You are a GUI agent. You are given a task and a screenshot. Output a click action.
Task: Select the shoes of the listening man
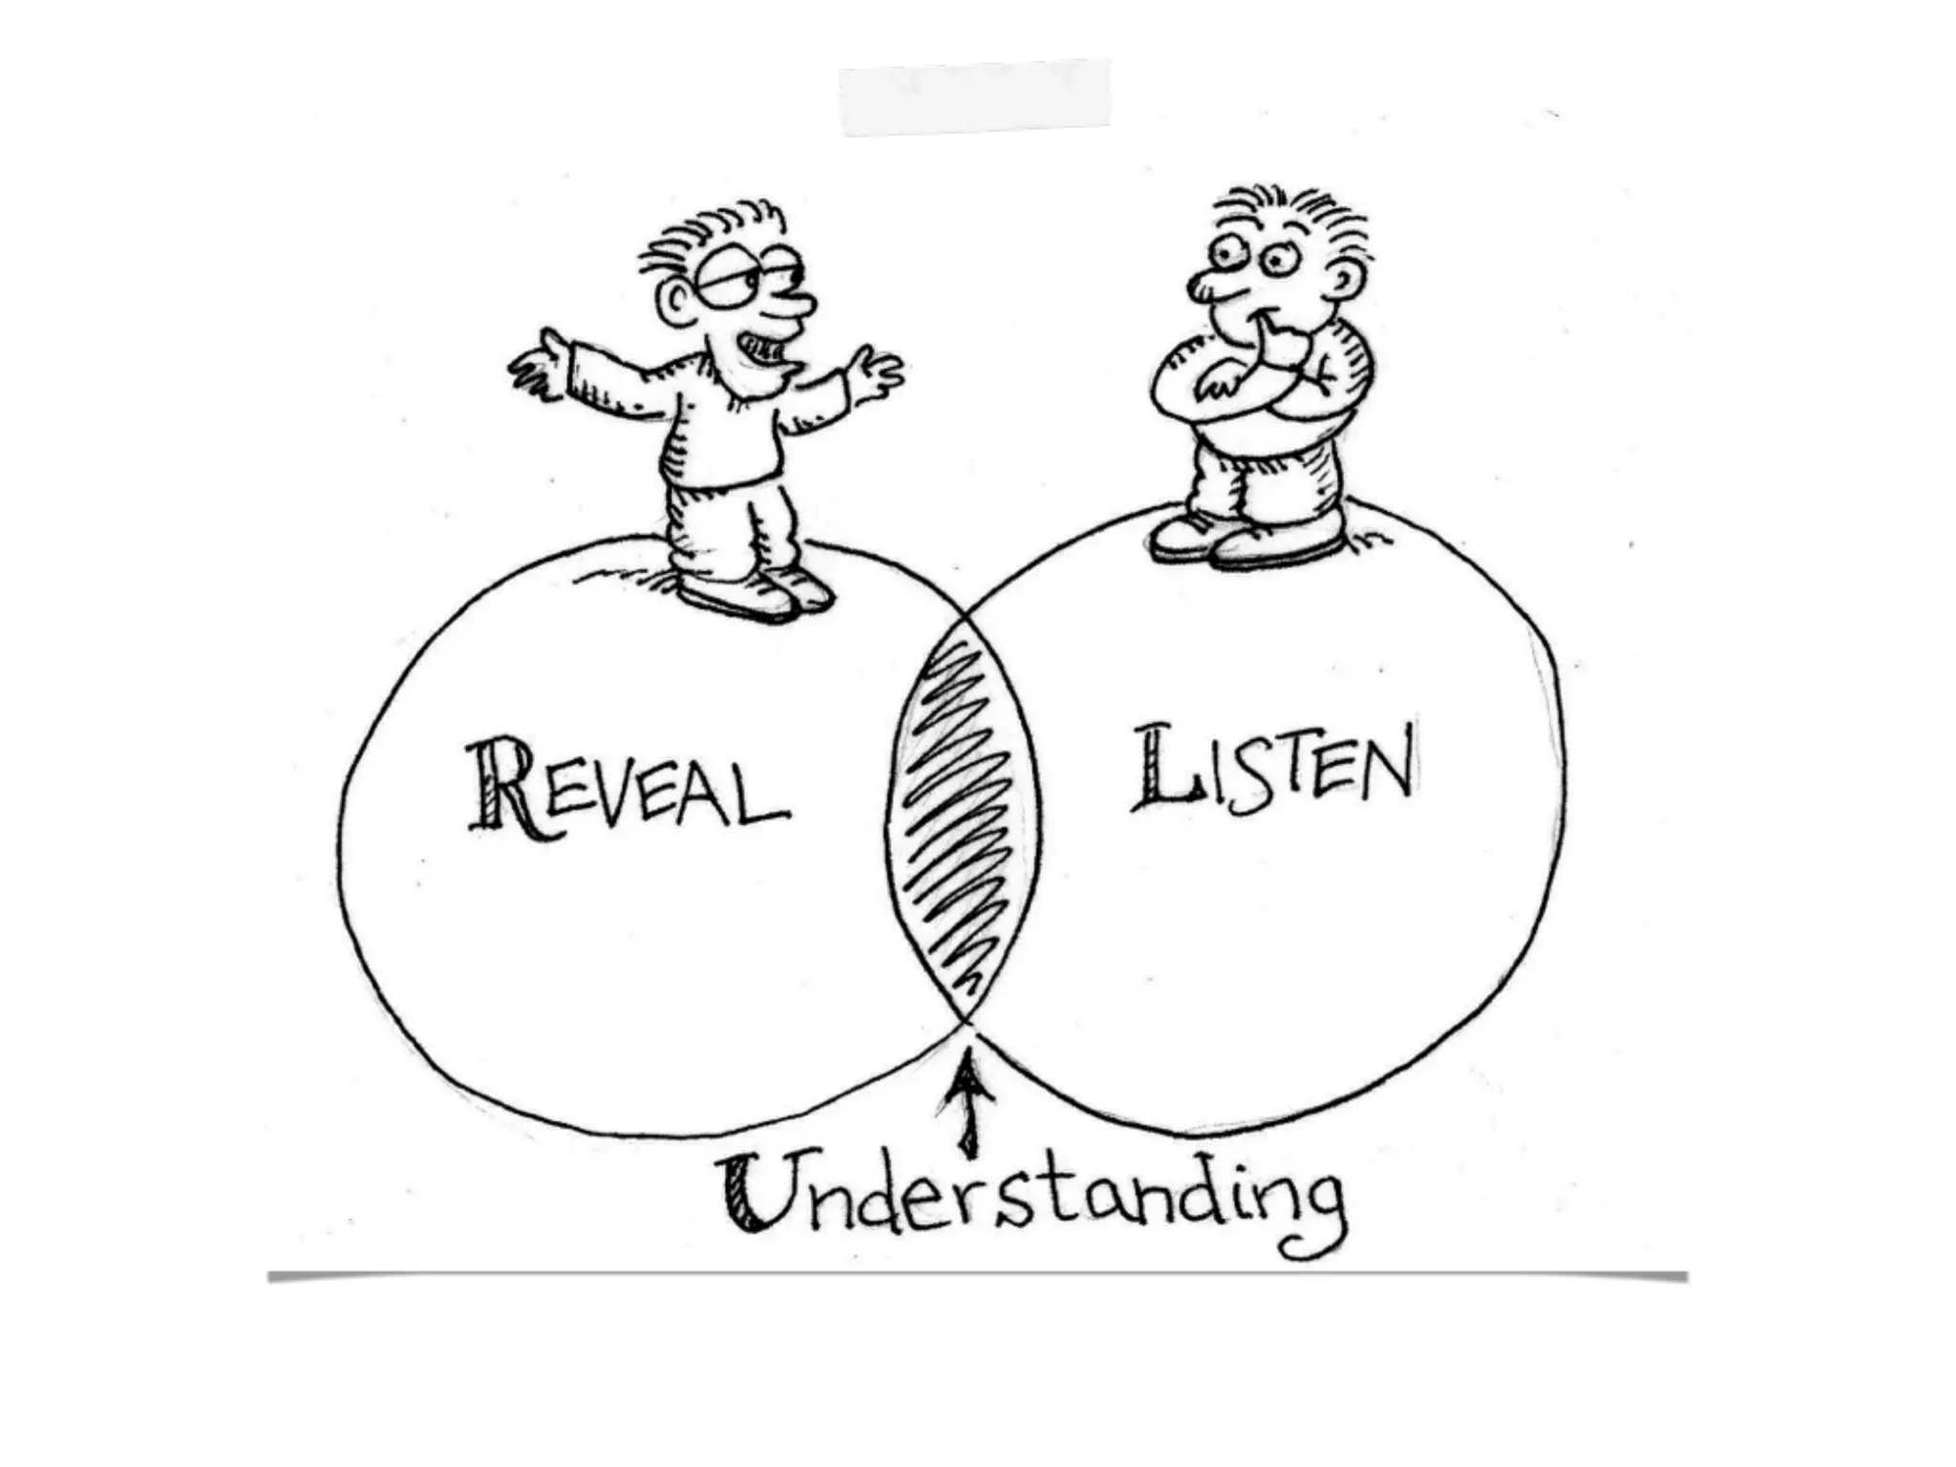point(1242,542)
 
